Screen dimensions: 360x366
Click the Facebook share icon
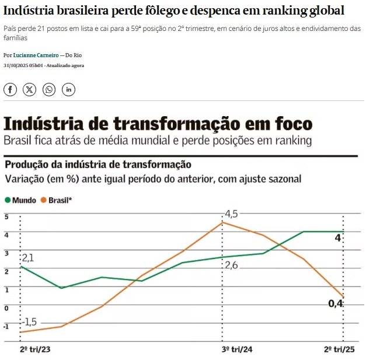(11, 89)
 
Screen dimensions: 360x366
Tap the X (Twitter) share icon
(30, 89)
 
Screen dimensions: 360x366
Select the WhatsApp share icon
(49, 89)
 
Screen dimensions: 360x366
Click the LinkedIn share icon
(68, 89)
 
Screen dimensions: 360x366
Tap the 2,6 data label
(232, 265)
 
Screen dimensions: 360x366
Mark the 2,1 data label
(27, 258)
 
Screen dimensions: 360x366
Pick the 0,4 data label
(335, 303)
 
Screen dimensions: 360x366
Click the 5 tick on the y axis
(6, 217)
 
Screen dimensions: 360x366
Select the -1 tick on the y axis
(6, 326)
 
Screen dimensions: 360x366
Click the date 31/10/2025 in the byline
(17, 65)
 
